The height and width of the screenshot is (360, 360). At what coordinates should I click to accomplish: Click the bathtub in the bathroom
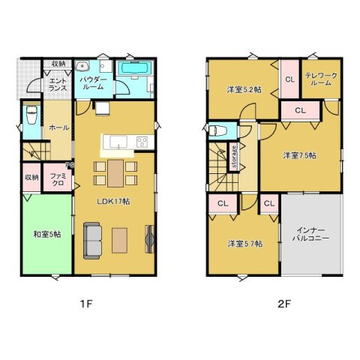135,68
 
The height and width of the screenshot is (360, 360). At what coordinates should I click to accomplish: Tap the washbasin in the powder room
82,66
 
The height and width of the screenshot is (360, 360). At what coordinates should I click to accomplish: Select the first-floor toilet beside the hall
31,115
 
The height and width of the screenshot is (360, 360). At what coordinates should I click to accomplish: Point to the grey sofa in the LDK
92,241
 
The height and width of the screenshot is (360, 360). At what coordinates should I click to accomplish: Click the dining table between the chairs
115,173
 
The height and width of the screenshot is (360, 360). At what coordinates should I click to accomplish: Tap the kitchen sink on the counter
118,142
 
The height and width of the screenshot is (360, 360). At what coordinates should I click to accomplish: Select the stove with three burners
142,142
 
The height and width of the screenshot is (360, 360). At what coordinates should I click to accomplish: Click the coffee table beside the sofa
119,240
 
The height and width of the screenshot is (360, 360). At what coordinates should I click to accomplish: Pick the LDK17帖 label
113,202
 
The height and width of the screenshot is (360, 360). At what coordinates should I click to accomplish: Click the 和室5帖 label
47,234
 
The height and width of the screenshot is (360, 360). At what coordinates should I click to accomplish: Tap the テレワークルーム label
321,79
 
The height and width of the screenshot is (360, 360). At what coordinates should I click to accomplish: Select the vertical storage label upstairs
234,157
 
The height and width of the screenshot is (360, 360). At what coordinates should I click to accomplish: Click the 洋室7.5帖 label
299,155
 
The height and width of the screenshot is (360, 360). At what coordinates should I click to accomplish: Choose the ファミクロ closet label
58,179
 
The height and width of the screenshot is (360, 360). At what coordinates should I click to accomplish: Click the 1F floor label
86,304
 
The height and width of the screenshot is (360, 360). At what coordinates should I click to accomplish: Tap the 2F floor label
284,304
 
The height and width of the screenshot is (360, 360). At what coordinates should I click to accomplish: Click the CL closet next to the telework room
289,79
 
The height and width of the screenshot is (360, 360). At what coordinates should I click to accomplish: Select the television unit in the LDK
149,239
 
